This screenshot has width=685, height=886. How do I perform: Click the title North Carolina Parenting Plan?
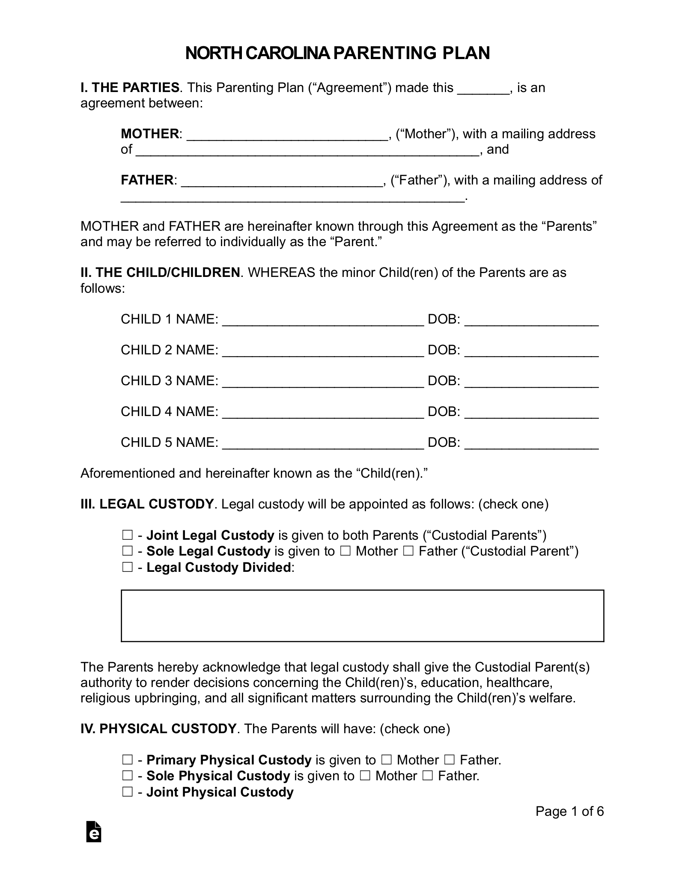pos(337,53)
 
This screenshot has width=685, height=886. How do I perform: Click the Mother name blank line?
pos(287,134)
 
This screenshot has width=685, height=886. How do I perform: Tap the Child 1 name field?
pos(323,319)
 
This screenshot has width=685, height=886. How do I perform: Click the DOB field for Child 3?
pos(531,381)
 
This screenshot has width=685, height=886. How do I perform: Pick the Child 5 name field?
pos(323,443)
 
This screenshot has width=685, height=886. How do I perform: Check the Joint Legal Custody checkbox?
pos(127,535)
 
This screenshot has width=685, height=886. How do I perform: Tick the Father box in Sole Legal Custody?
pos(408,551)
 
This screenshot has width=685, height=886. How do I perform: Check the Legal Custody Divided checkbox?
pos(127,568)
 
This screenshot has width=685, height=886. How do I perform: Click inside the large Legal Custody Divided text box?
pos(362,616)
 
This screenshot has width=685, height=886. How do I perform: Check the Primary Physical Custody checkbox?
pos(127,760)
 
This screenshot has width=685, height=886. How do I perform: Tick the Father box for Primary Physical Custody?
pos(449,760)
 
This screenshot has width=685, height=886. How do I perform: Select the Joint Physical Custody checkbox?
pos(127,792)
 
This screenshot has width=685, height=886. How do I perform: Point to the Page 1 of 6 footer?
pos(569,812)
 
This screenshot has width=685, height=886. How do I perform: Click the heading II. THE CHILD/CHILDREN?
pos(160,273)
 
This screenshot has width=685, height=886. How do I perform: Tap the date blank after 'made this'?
pos(483,88)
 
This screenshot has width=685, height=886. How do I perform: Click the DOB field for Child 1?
pos(531,319)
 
